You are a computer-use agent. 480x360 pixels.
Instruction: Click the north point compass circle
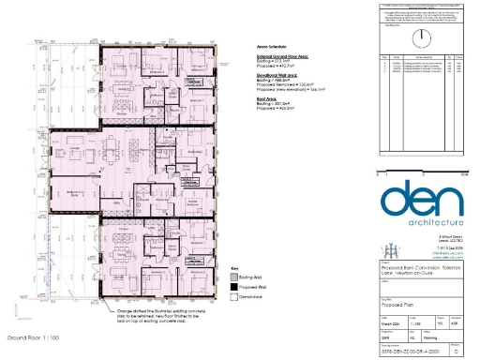(x=421, y=34)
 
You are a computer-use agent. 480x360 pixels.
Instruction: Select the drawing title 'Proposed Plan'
(x=398, y=305)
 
